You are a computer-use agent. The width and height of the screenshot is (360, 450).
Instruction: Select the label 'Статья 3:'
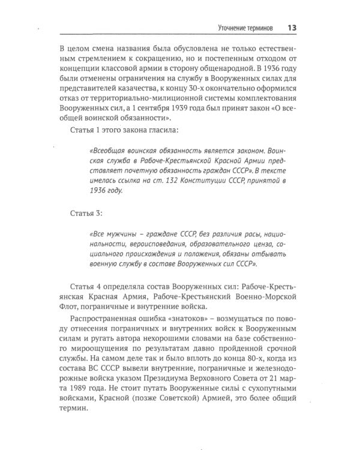[x=85, y=213]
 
